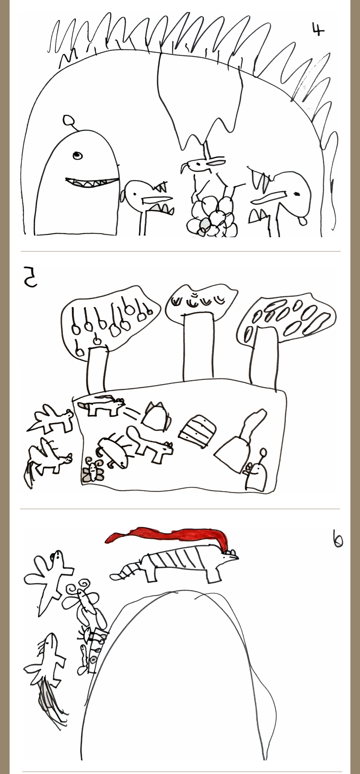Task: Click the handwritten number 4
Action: pyautogui.click(x=318, y=29)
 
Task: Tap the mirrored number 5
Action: pyautogui.click(x=30, y=278)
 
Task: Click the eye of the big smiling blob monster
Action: pyautogui.click(x=78, y=155)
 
